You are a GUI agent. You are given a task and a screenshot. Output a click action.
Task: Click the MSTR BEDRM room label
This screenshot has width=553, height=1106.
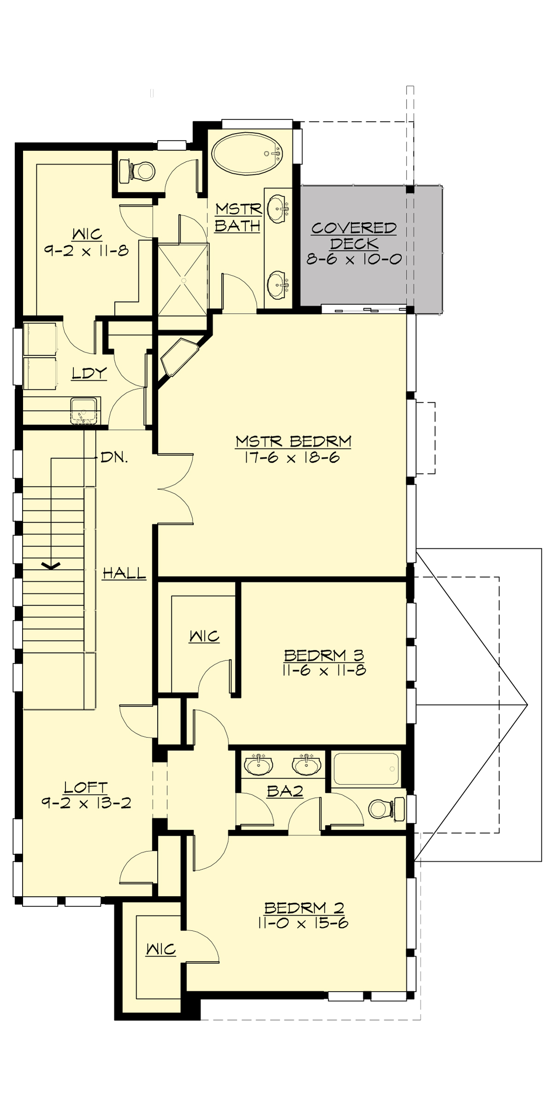pyautogui.click(x=293, y=441)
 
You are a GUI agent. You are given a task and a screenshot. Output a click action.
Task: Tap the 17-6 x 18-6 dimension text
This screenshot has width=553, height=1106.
pyautogui.click(x=293, y=458)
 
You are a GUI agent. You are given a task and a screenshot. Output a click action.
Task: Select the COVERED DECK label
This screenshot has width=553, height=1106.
pyautogui.click(x=354, y=235)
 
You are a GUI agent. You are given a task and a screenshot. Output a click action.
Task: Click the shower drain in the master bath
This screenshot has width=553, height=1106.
pyautogui.click(x=183, y=280)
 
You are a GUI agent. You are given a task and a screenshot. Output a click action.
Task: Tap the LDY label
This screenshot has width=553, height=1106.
pyautogui.click(x=89, y=373)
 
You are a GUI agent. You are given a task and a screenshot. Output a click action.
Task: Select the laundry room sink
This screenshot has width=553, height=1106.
pyautogui.click(x=83, y=410)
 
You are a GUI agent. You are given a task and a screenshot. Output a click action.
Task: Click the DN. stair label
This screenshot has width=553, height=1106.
pyautogui.click(x=114, y=458)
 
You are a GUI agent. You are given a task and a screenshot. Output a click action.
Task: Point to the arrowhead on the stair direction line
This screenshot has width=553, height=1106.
pyautogui.click(x=51, y=565)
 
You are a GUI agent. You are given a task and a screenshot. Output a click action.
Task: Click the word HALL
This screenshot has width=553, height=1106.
pyautogui.click(x=124, y=574)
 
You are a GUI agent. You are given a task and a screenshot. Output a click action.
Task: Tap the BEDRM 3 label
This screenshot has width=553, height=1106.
pyautogui.click(x=324, y=655)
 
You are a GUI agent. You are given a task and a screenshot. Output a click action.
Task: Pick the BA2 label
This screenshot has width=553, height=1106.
pyautogui.click(x=285, y=791)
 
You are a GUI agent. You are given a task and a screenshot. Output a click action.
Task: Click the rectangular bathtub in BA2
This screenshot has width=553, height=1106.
pyautogui.click(x=365, y=769)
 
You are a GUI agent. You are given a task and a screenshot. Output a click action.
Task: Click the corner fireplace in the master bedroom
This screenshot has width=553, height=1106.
pyautogui.click(x=179, y=357)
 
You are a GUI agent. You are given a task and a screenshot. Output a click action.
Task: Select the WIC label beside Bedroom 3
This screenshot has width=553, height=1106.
pyautogui.click(x=204, y=636)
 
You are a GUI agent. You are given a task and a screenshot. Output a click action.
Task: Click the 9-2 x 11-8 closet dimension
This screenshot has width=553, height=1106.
pyautogui.click(x=87, y=251)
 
